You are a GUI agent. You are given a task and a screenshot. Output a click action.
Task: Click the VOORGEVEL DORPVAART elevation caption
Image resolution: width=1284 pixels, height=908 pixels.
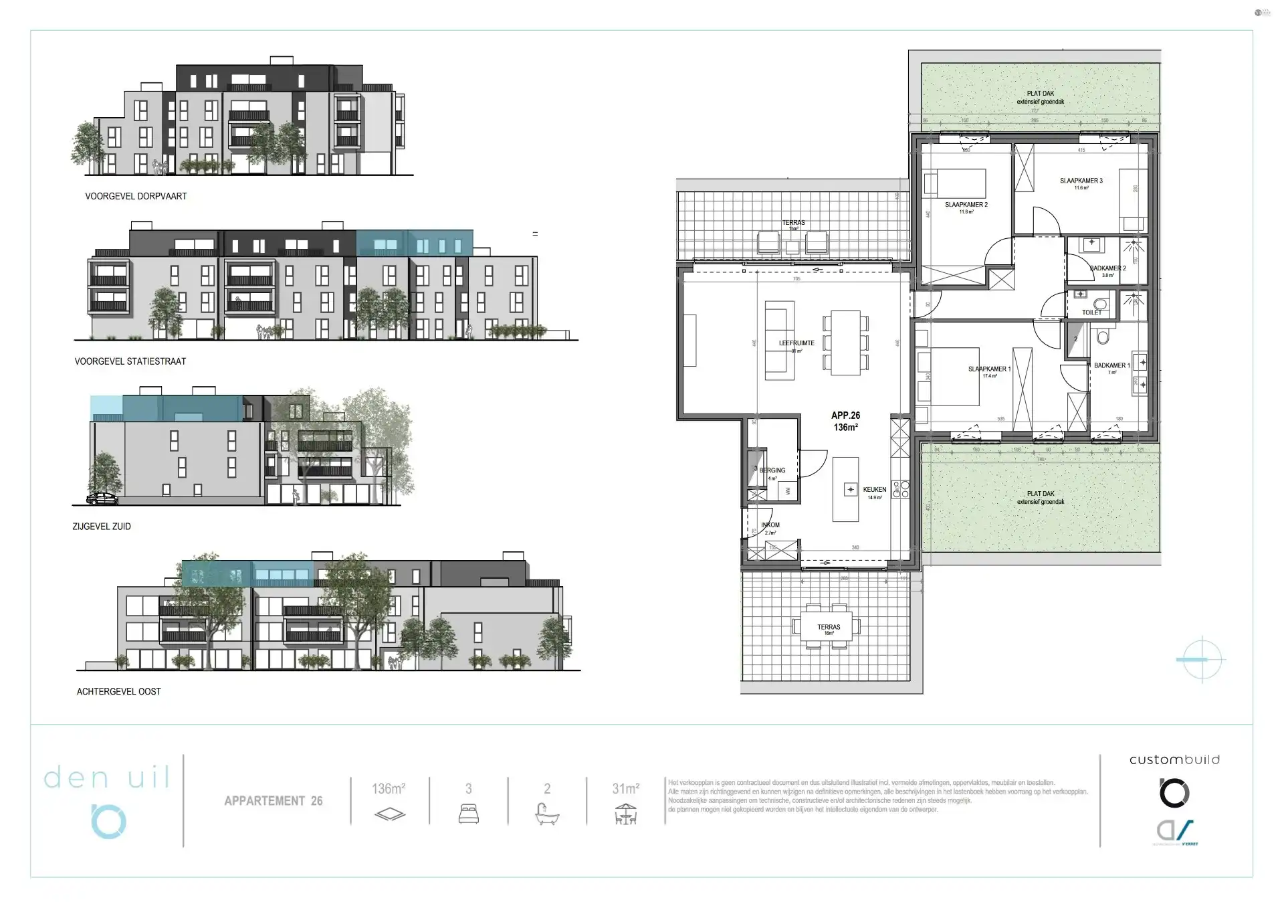[x=136, y=196]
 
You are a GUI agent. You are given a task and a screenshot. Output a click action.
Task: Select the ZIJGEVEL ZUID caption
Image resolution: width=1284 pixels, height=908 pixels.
[x=102, y=527]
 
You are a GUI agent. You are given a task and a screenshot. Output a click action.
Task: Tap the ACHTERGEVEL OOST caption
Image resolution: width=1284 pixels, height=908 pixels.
[x=119, y=691]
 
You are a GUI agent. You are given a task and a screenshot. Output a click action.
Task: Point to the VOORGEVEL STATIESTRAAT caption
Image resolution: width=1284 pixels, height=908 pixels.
[x=130, y=361]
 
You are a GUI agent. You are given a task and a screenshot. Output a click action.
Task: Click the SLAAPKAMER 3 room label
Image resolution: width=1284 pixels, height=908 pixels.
[x=1081, y=181]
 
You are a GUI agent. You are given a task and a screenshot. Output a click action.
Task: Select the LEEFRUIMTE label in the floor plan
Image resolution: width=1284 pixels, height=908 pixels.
[x=796, y=343]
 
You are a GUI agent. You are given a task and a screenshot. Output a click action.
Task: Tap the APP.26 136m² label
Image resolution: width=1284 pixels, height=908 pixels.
[x=845, y=421]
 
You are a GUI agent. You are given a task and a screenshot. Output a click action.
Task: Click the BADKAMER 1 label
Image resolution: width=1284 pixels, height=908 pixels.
[x=1111, y=366]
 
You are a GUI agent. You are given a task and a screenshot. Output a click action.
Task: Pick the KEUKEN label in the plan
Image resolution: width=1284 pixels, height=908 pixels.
[x=874, y=490]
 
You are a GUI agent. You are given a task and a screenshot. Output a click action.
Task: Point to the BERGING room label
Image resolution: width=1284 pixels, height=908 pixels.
[x=772, y=470]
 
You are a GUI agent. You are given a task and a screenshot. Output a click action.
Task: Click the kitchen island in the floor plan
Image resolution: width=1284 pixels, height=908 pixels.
[x=845, y=489]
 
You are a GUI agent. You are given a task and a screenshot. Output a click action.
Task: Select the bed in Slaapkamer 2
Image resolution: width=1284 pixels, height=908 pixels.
[x=954, y=182]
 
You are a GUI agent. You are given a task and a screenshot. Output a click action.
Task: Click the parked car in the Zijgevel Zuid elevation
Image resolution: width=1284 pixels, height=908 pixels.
[x=102, y=498]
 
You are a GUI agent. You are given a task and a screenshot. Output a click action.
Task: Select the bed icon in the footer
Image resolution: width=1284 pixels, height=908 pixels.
[x=468, y=814]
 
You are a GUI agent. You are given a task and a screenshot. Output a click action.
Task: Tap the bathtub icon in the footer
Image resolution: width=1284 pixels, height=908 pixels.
[x=547, y=814]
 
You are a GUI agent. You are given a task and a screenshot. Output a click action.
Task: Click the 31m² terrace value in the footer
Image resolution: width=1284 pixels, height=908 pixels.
[x=625, y=789]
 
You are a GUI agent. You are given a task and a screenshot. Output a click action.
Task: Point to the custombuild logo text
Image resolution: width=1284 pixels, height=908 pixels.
[x=1174, y=759]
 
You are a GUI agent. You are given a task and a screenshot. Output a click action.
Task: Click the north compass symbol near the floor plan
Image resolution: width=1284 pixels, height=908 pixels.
[x=1202, y=659]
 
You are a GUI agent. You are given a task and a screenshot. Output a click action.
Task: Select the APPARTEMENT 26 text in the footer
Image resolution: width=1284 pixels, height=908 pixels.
[x=273, y=801]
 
